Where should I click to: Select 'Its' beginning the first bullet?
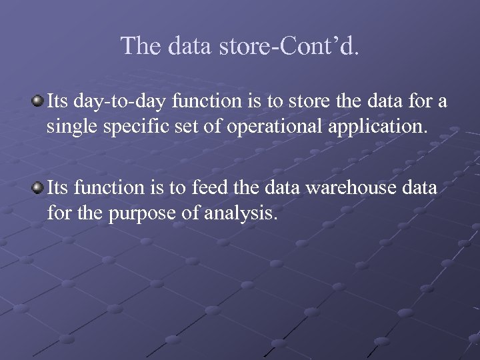coord(57,102)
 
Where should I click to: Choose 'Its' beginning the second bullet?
coord(57,189)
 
